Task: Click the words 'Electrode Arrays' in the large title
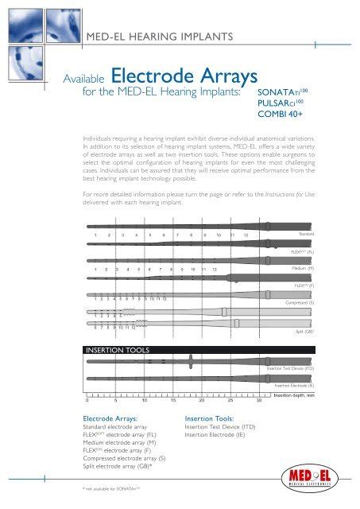point(184,78)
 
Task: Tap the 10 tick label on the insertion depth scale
point(144,400)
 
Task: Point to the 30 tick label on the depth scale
point(249,400)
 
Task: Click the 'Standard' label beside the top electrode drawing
point(306,234)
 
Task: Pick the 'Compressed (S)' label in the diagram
point(299,303)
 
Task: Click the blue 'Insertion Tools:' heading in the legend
point(208,418)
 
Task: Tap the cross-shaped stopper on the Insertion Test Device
point(194,365)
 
